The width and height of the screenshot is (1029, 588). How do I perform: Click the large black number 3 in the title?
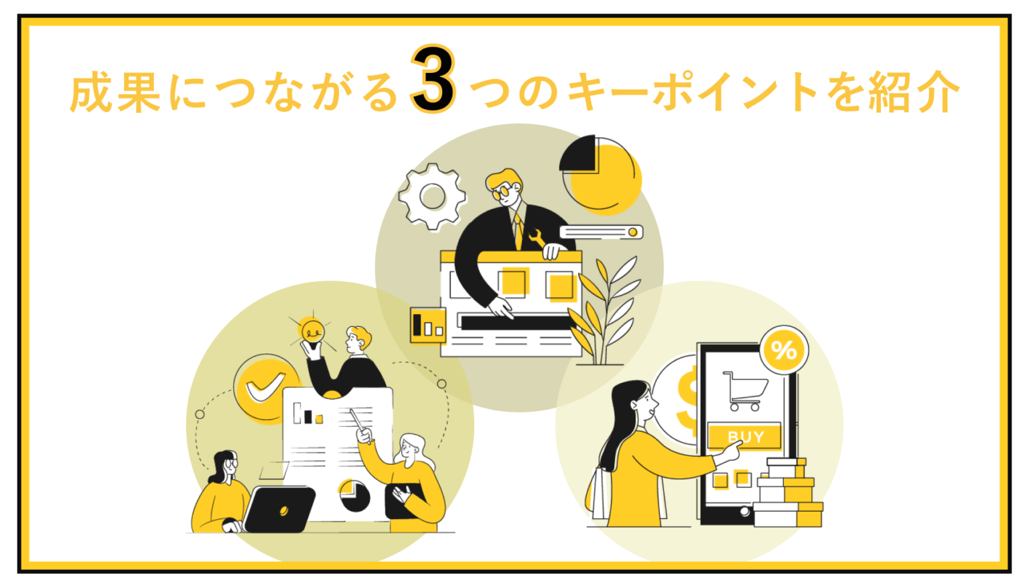tap(433, 80)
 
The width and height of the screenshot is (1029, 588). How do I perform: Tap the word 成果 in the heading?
tap(115, 92)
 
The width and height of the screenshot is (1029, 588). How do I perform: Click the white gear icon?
tap(432, 197)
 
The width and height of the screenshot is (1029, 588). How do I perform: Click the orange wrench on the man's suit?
tap(535, 237)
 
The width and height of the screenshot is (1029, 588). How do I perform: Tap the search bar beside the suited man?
tap(601, 232)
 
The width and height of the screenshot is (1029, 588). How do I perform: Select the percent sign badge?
tap(783, 350)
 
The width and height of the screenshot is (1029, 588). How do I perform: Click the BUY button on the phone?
tap(744, 437)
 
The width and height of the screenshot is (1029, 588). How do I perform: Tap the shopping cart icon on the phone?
tap(745, 390)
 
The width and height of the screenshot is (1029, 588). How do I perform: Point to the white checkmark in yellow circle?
tap(264, 388)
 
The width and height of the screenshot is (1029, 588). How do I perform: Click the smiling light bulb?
tap(312, 332)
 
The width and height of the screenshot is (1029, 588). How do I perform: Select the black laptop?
tap(279, 509)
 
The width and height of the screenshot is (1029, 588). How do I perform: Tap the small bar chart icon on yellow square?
tap(427, 325)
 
